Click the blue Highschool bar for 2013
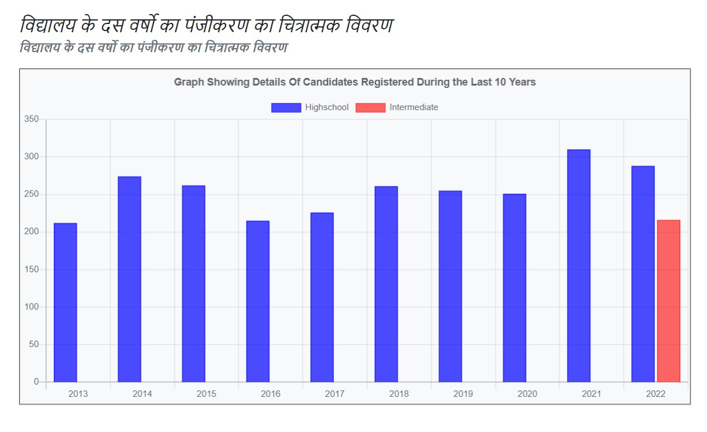65,302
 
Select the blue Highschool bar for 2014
129,279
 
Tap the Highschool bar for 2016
258,301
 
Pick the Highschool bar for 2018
386,284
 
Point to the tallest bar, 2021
579,266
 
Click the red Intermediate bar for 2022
668,301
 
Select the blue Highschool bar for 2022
643,274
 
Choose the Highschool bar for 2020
514,288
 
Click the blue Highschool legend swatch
286,107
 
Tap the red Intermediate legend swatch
370,107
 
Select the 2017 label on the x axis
334,394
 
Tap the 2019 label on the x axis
463,394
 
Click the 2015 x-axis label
206,394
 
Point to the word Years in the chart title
522,82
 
